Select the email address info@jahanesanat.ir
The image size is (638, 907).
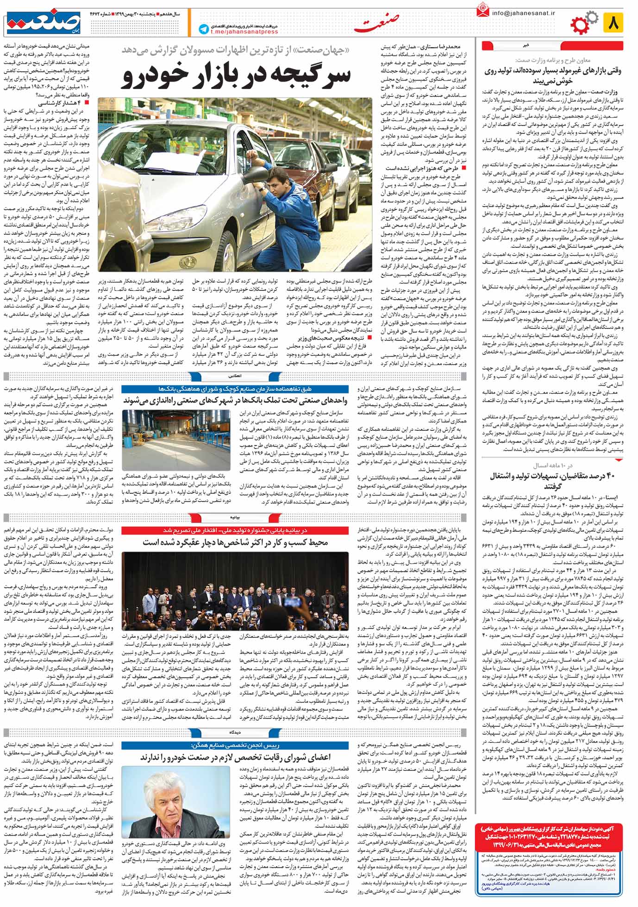click(522, 14)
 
